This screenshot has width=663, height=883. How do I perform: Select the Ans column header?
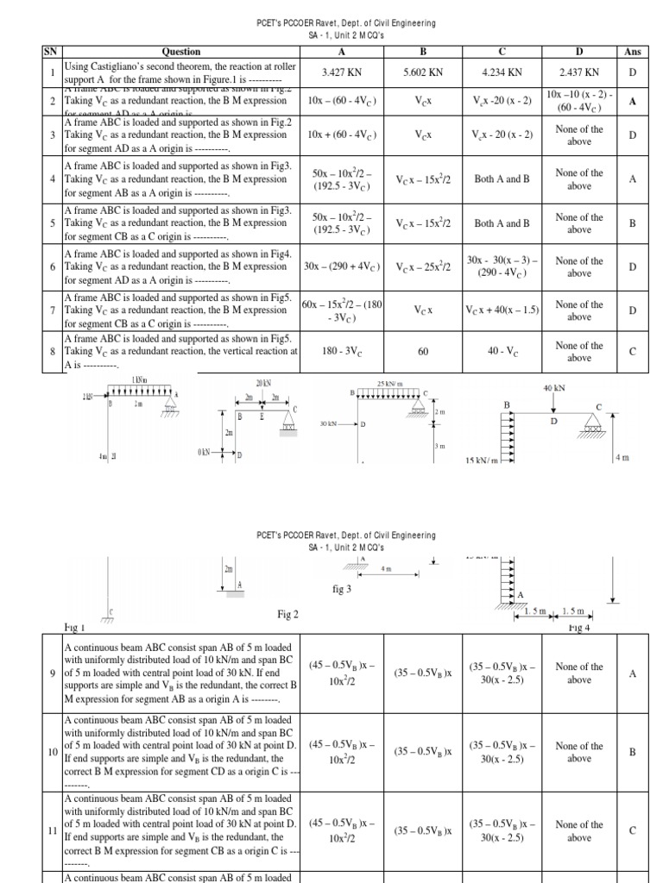[x=632, y=52]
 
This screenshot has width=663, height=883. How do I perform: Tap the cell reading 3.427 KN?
[x=339, y=73]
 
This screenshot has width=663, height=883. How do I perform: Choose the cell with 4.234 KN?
[x=503, y=73]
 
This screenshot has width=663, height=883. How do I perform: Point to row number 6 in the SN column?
[x=53, y=267]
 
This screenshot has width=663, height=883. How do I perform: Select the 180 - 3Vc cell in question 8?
[x=339, y=351]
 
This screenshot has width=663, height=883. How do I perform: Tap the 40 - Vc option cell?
[x=503, y=351]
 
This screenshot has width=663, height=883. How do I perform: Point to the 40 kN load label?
[x=552, y=389]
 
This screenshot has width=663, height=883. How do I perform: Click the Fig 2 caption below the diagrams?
[x=287, y=614]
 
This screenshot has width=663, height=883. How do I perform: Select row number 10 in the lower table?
[x=53, y=752]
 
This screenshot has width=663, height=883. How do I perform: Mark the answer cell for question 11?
[x=632, y=831]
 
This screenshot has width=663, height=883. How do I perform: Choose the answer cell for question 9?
[x=632, y=673]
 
